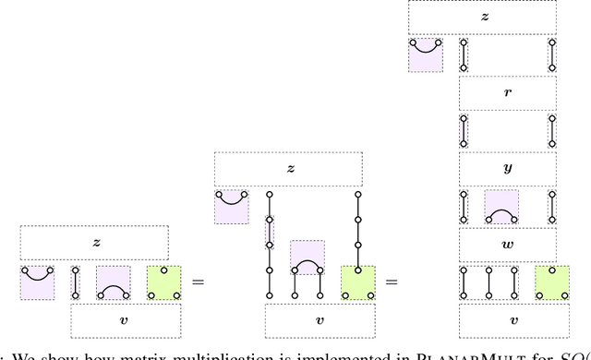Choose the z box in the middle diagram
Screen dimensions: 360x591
(x=290, y=169)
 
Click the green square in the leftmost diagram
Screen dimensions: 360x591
(x=163, y=282)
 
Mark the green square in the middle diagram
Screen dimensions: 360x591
(x=358, y=282)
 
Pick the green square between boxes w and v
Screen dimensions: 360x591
(x=553, y=282)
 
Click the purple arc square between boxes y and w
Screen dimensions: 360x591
(x=501, y=207)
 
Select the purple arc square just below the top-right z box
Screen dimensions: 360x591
(x=426, y=54)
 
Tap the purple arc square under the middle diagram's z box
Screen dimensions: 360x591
(x=232, y=206)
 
